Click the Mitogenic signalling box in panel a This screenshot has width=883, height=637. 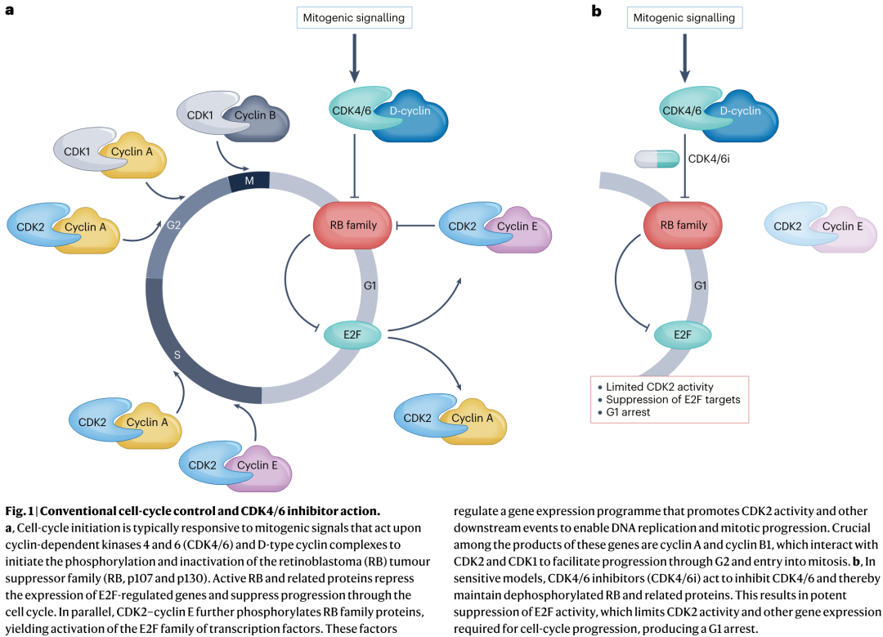point(354,17)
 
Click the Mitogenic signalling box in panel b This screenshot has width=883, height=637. point(684,17)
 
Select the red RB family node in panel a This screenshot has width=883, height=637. point(352,226)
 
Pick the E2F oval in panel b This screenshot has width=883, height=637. point(683,335)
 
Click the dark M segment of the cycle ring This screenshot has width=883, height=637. point(249,181)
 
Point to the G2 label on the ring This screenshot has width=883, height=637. point(173,226)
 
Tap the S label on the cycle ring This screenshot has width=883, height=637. point(177,355)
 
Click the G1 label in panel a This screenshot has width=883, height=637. point(370,285)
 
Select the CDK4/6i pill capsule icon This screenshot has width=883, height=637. point(657,159)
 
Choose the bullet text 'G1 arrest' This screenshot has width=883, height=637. point(628,412)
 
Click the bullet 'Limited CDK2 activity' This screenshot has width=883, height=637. point(660,387)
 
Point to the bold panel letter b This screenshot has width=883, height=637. point(596,10)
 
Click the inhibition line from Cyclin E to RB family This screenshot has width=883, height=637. point(415,226)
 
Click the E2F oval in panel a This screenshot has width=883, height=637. point(352,335)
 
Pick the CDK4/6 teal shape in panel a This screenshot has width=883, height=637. point(355,109)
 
